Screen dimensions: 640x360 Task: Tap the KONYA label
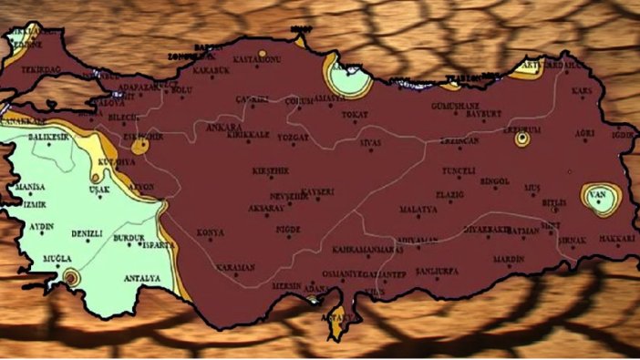[x=211, y=232]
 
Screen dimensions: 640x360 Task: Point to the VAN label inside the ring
[x=598, y=195]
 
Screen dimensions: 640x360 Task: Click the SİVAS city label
[x=370, y=142]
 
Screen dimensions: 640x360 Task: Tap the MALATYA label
[x=418, y=209]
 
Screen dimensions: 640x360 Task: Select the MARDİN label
[x=508, y=258]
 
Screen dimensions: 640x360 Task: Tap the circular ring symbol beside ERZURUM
[x=522, y=140]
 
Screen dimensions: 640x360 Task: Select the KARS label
[x=580, y=91]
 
